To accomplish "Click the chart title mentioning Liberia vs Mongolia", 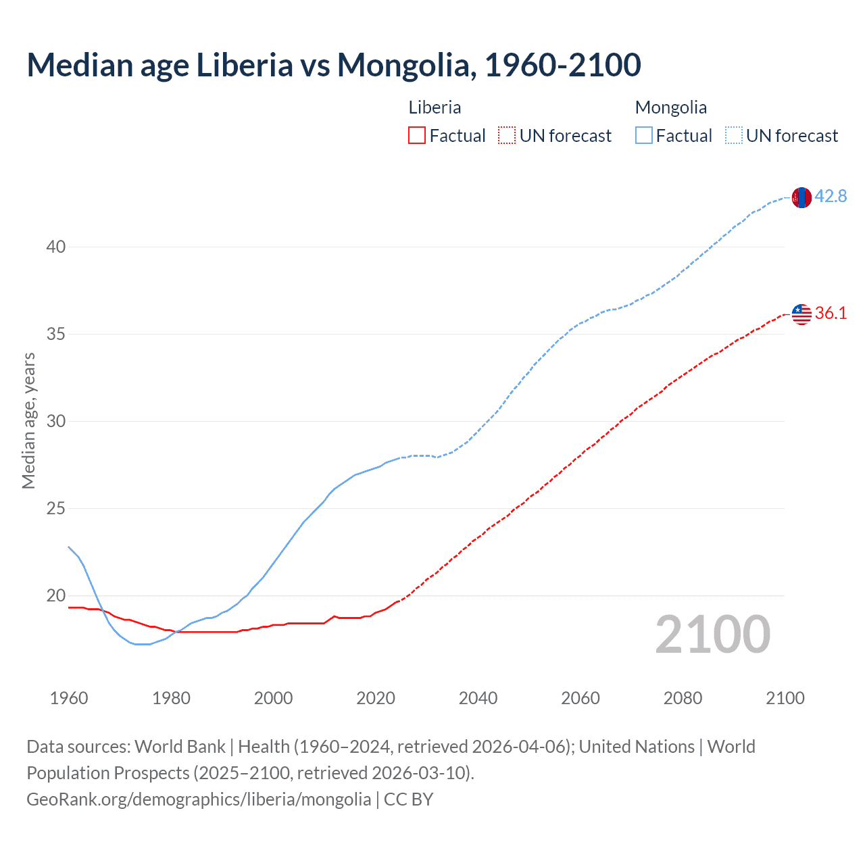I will [334, 65].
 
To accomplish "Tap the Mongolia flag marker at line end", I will [801, 197].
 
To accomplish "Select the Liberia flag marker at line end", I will [801, 314].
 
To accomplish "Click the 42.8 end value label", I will [831, 197].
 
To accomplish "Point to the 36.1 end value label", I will [831, 313].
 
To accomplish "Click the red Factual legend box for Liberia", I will [417, 136].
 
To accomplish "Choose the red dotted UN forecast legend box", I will [507, 136].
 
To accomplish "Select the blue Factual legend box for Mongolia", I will [644, 136].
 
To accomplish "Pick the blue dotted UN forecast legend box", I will [734, 136].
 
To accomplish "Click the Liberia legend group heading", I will [435, 107].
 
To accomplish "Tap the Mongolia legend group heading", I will [670, 107].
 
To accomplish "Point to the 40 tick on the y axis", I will [56, 247].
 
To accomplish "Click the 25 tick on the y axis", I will [56, 509].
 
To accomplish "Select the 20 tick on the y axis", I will [56, 596].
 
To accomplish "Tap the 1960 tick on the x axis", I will [69, 698].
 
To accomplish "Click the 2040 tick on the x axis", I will [478, 698].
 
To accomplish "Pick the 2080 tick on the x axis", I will [683, 698].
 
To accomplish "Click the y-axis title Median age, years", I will [28, 420].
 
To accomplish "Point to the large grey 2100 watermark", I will [712, 635].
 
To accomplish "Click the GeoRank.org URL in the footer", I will [199, 799].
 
